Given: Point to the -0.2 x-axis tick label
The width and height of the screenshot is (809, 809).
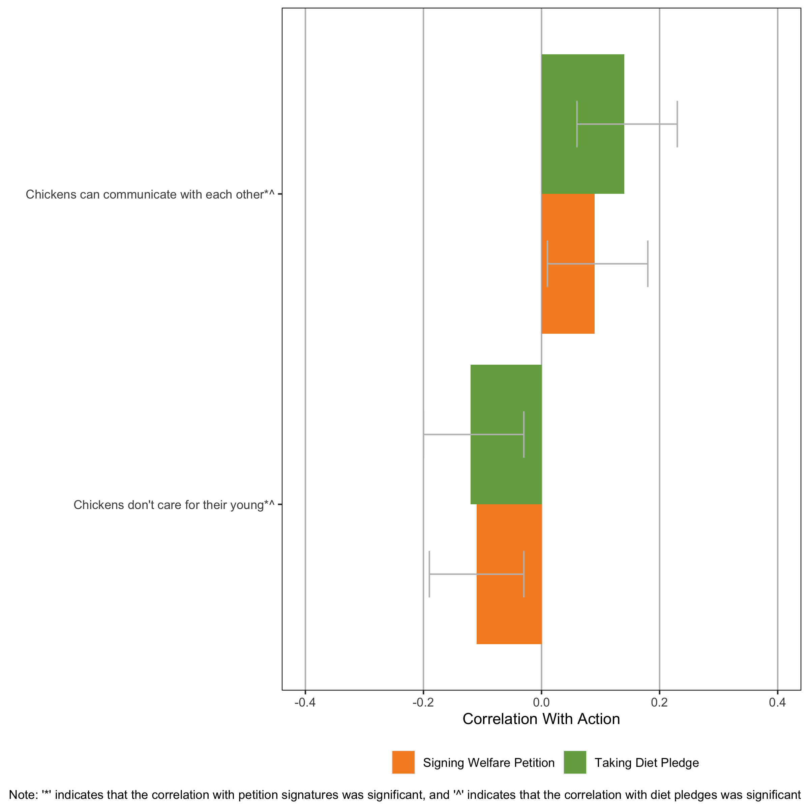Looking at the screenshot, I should pyautogui.click(x=423, y=702).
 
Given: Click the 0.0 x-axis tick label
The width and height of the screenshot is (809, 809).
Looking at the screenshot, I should pyautogui.click(x=541, y=702).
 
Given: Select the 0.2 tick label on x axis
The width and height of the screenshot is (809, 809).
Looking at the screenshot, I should pyautogui.click(x=660, y=702).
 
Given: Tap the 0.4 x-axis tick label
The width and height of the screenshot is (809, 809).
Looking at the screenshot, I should pyautogui.click(x=778, y=702).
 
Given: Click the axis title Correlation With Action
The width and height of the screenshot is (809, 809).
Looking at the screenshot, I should pyautogui.click(x=541, y=719).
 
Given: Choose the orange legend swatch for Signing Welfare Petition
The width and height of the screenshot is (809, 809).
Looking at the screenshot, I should pyautogui.click(x=403, y=762).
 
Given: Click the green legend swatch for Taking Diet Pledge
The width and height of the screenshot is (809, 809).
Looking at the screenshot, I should pyautogui.click(x=575, y=762).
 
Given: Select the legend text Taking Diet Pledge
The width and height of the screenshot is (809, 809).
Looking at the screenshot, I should pyautogui.click(x=647, y=763).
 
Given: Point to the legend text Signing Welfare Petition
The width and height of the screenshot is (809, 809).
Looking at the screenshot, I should pyautogui.click(x=489, y=763).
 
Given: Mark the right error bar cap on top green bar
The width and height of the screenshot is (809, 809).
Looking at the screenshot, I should pyautogui.click(x=677, y=124).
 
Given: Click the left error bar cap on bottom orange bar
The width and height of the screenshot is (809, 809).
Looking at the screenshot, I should pyautogui.click(x=429, y=574).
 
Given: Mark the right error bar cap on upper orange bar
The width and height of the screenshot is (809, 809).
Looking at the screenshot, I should pyautogui.click(x=648, y=264).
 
